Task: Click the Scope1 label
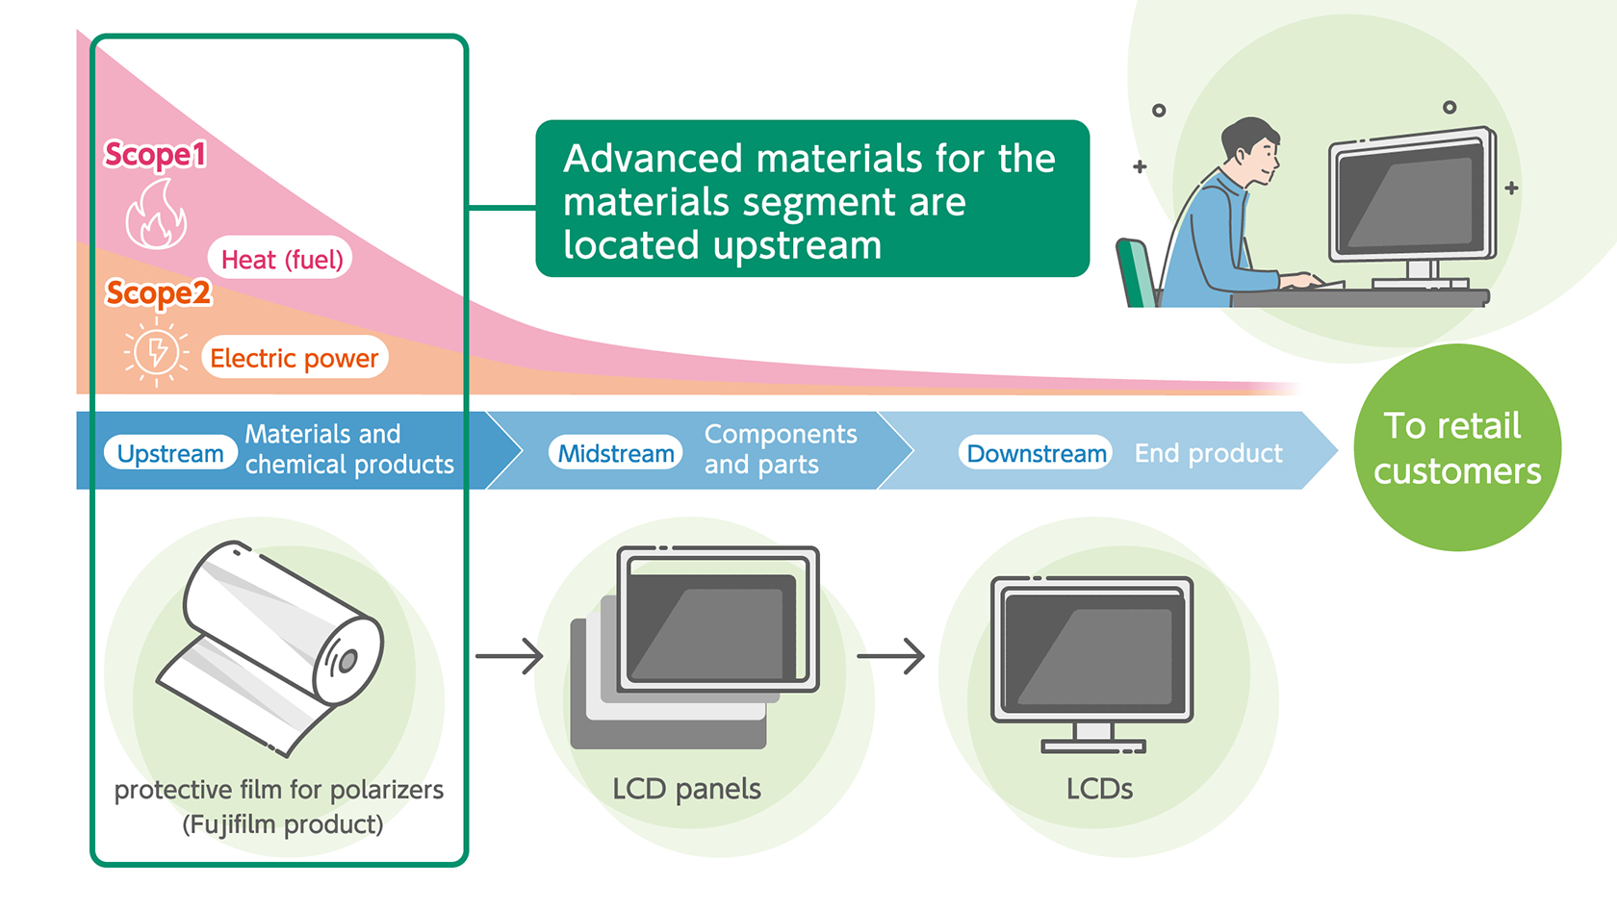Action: [x=155, y=154]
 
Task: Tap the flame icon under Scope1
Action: [x=156, y=215]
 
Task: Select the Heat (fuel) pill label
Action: [x=281, y=259]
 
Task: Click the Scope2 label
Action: [x=158, y=292]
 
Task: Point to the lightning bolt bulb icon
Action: [x=156, y=352]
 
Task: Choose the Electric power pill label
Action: [x=294, y=358]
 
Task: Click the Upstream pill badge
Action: [x=170, y=453]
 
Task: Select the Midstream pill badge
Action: [x=616, y=453]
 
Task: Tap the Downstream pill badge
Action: [x=1036, y=453]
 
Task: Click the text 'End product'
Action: [x=1208, y=453]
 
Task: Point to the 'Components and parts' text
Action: [x=780, y=449]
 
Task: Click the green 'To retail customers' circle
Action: [x=1456, y=448]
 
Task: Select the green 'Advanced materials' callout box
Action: [x=811, y=199]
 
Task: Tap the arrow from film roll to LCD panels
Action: [x=509, y=657]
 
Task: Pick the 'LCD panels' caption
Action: [x=686, y=789]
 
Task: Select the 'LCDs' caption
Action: [x=1099, y=789]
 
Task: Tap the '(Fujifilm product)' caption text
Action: [x=282, y=824]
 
